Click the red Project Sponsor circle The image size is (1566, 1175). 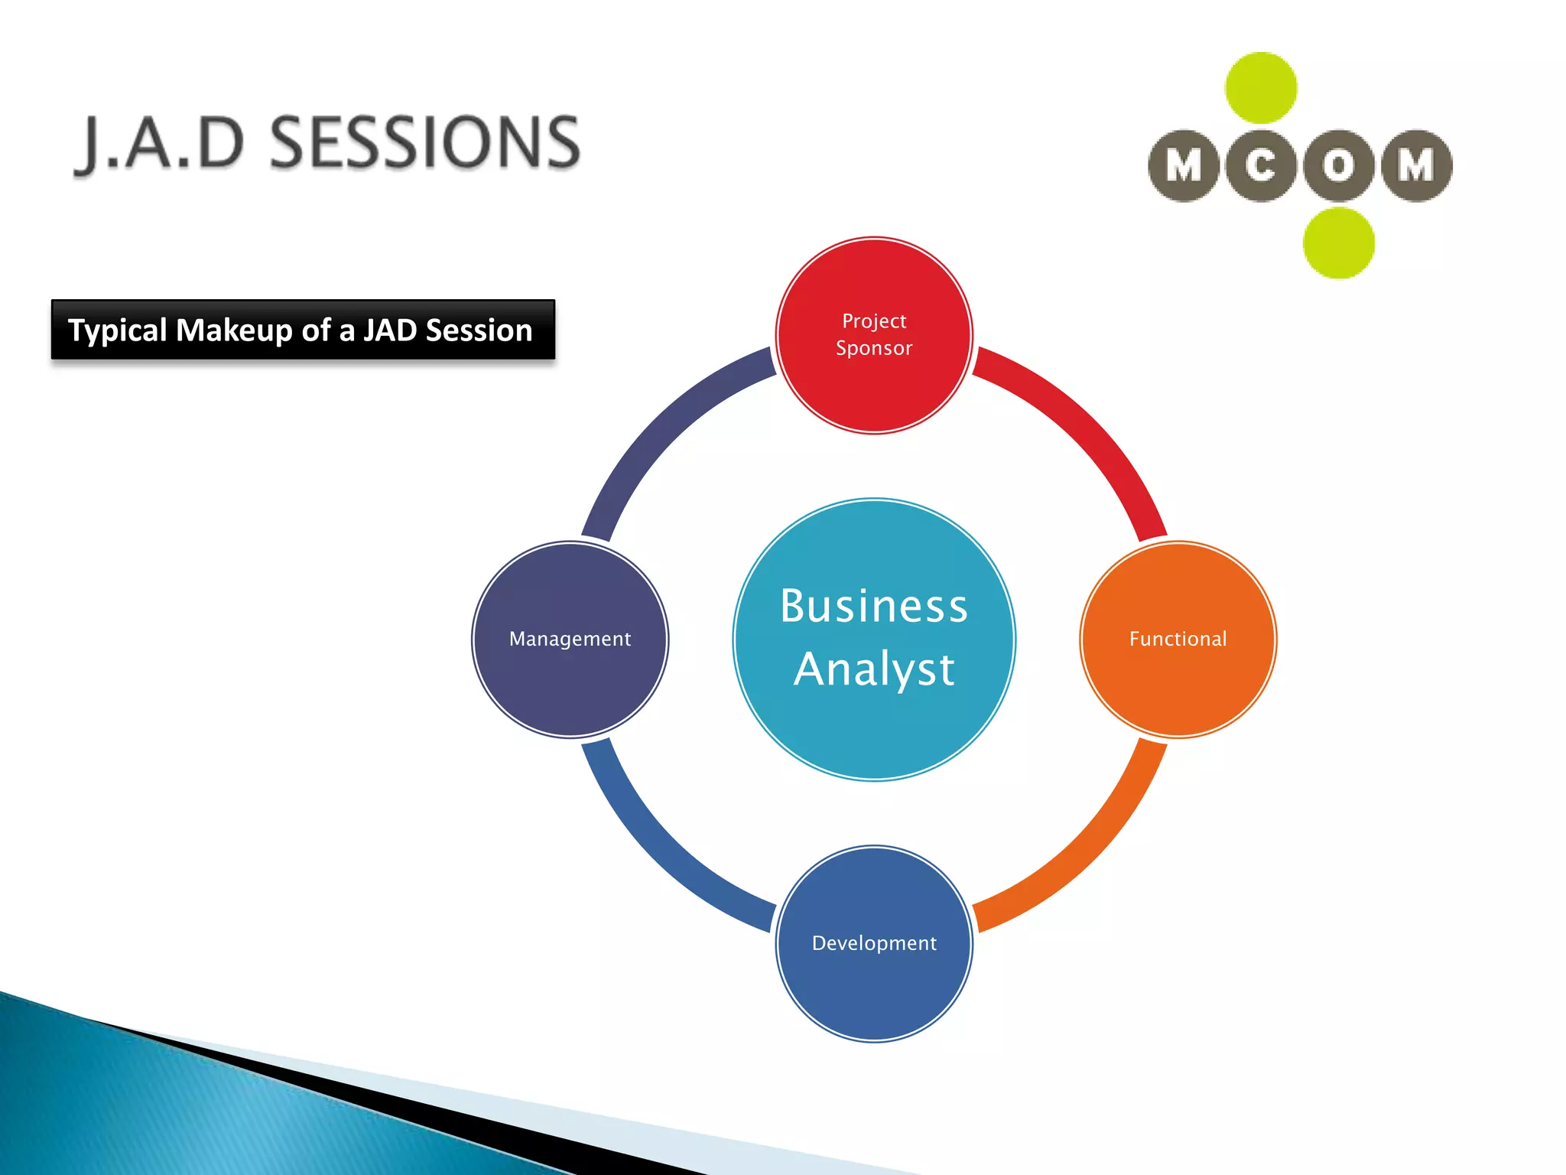(874, 335)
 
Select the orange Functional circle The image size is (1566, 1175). (1178, 640)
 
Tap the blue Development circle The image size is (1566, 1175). (874, 943)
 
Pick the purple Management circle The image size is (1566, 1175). (570, 640)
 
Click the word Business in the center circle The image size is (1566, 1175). (874, 606)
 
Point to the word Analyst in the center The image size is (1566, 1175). (874, 669)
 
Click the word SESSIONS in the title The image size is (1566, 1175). (425, 142)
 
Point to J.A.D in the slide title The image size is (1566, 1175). (161, 144)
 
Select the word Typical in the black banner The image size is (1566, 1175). (117, 330)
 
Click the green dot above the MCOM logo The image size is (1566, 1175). (1261, 88)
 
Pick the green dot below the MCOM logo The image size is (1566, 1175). (1338, 243)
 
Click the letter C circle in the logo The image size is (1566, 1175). (1261, 165)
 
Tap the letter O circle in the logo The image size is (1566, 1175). (1338, 165)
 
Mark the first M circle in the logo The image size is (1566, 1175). (1184, 165)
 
